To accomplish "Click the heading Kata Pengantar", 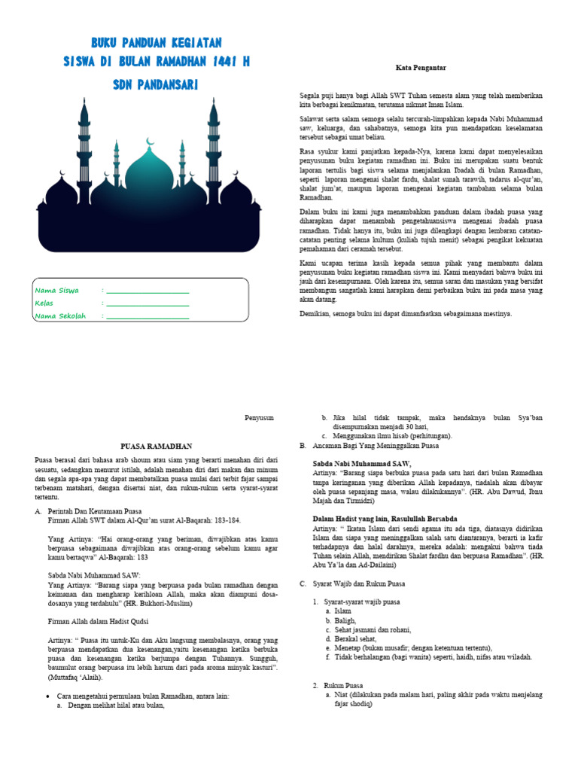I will (x=421, y=68).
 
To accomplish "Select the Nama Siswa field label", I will (x=57, y=290).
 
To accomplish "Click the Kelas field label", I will (x=44, y=303).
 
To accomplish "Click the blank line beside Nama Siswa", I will (x=148, y=291).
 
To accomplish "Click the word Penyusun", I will (x=260, y=416).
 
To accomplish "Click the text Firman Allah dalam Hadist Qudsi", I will (x=98, y=621).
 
